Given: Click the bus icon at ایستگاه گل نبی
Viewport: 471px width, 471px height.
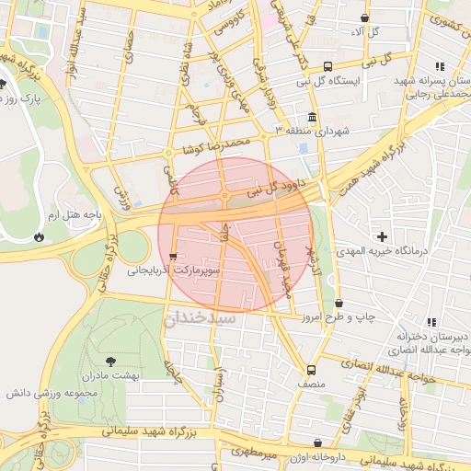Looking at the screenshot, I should (328, 66).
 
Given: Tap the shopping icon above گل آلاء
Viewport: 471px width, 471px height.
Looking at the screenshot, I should (365, 17).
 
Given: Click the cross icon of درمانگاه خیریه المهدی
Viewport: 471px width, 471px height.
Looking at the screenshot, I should (383, 237).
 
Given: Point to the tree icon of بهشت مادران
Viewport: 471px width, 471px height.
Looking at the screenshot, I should (112, 362).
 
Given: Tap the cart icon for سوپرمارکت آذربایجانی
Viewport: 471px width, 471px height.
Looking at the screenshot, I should (173, 257).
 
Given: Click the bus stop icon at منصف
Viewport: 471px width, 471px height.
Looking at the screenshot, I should (310, 370).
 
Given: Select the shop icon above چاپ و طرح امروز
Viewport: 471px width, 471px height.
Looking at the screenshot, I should (339, 303).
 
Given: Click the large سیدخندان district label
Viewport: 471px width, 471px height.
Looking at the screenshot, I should (201, 318).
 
